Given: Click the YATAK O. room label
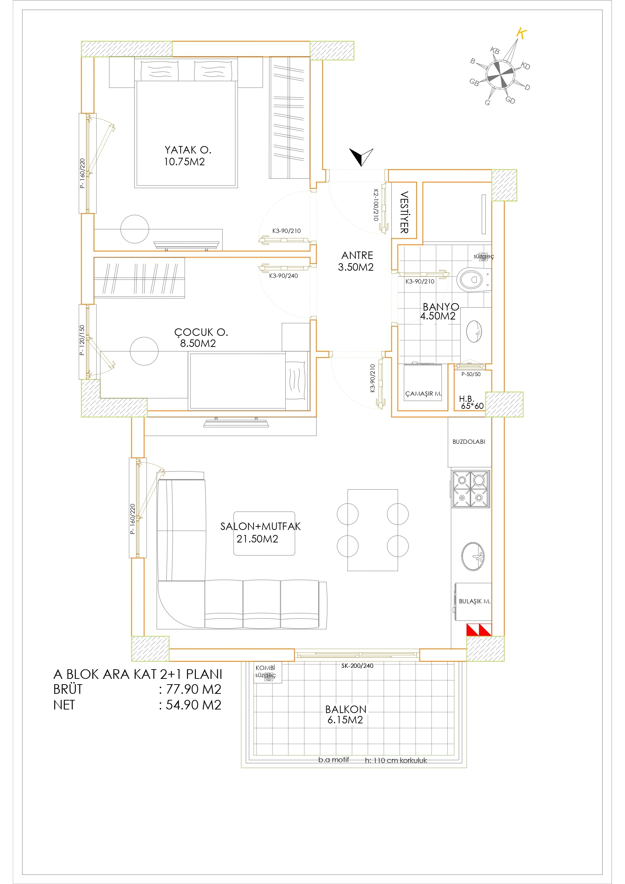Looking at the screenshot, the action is click(x=188, y=150).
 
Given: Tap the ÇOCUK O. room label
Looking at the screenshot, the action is click(x=201, y=332).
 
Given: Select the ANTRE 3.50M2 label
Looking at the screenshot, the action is click(x=356, y=261).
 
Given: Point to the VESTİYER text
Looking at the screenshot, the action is click(x=404, y=212).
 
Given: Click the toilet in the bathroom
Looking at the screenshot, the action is click(x=474, y=280).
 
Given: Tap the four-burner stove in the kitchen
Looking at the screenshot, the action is click(x=470, y=489).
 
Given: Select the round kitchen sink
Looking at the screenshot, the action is click(x=473, y=556).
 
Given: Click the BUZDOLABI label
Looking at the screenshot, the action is click(x=469, y=442).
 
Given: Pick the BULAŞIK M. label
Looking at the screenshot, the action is click(x=474, y=601).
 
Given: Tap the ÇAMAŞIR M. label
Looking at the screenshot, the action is click(x=423, y=394).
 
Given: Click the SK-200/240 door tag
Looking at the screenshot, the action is click(x=357, y=665).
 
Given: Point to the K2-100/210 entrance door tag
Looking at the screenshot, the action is click(x=376, y=205).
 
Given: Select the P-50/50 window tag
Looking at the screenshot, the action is click(x=471, y=374).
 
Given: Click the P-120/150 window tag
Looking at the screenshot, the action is click(x=82, y=340).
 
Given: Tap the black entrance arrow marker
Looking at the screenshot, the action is click(x=361, y=157).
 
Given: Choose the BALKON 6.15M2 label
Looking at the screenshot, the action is click(x=345, y=714).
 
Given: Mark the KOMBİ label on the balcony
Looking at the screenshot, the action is click(x=265, y=667).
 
